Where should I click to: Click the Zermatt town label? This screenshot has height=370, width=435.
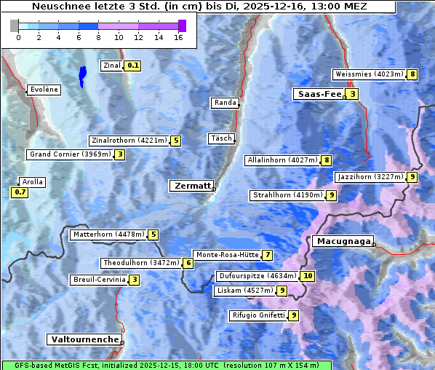coord(192,186)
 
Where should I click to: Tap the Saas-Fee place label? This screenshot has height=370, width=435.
coord(318,94)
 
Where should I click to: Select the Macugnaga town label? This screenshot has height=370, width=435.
coord(342,241)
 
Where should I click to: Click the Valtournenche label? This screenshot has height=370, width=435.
coord(84,339)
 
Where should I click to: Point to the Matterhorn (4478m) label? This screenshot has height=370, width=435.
coord(108,235)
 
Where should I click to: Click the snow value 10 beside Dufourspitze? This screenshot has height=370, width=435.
coord(308,276)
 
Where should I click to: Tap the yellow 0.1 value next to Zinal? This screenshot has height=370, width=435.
coord(132,66)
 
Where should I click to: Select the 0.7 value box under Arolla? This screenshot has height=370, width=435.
coord(20,193)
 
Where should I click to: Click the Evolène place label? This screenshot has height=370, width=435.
coord(44,90)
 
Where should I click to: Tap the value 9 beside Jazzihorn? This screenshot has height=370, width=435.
coord(412,177)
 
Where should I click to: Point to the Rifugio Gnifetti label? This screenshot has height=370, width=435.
coord(258,315)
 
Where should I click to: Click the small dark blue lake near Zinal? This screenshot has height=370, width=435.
coord(82,75)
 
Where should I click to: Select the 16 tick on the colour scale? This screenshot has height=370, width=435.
coord(179,37)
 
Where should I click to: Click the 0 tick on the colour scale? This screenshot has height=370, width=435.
coord(18,37)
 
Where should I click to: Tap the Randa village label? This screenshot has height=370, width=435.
coord(225,103)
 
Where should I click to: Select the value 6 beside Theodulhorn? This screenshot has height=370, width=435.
coord(188,263)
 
